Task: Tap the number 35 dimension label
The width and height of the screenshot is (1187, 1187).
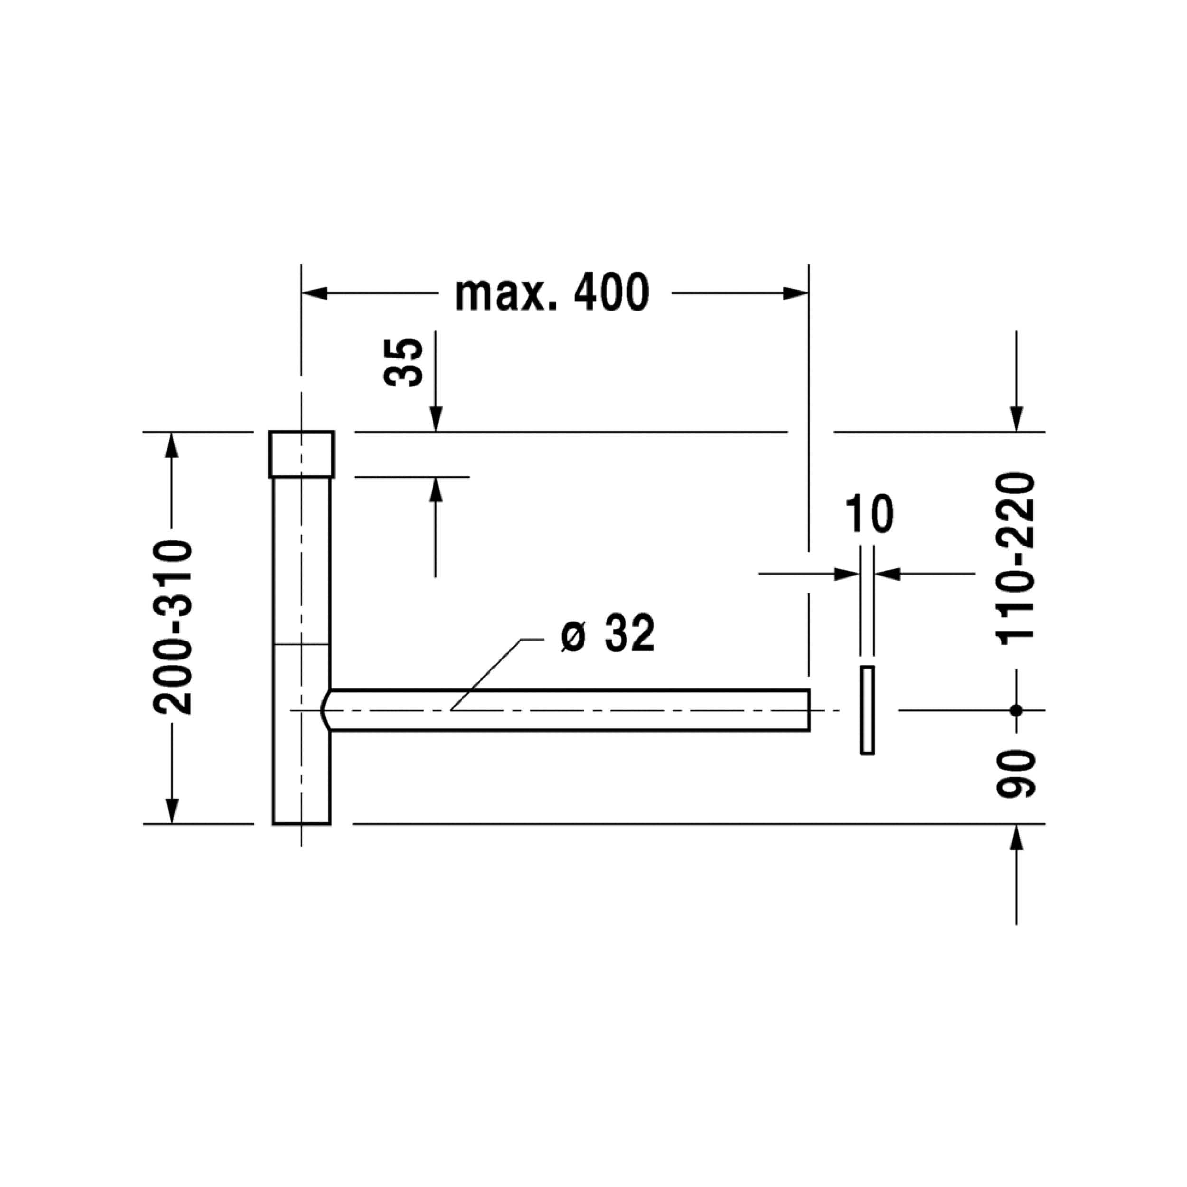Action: tap(403, 362)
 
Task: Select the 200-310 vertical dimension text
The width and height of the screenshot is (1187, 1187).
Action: tap(173, 627)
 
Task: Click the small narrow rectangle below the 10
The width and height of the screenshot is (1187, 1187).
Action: tap(867, 710)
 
